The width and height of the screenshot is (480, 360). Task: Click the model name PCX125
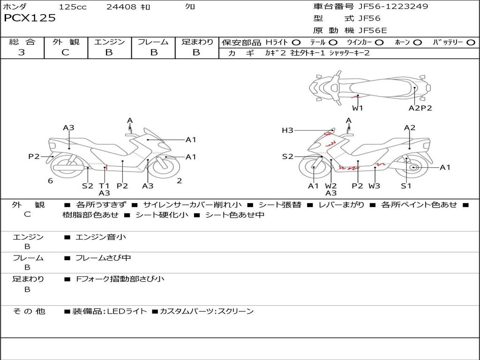pyautogui.click(x=30, y=18)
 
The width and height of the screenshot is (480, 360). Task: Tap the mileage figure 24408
pyautogui.click(x=122, y=7)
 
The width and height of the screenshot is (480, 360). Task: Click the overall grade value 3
pyautogui.click(x=22, y=52)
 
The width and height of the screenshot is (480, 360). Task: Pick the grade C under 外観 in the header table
pyautogui.click(x=65, y=52)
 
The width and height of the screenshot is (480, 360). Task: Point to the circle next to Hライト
pyautogui.click(x=296, y=43)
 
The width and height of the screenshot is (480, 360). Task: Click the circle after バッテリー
pyautogui.click(x=470, y=43)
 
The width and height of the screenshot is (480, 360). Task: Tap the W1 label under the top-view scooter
pyautogui.click(x=358, y=108)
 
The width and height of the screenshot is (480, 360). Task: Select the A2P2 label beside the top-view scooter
pyautogui.click(x=420, y=108)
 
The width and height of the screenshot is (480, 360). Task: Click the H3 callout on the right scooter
pyautogui.click(x=287, y=130)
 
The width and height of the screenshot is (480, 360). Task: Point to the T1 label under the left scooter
pyautogui.click(x=104, y=186)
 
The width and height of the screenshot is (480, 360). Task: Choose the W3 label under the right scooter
pyautogui.click(x=374, y=186)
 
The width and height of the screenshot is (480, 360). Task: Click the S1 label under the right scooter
pyautogui.click(x=406, y=186)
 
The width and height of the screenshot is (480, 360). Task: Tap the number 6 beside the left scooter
pyautogui.click(x=50, y=181)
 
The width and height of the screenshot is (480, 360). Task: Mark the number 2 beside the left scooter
pyautogui.click(x=180, y=181)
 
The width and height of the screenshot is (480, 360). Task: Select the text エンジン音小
pyautogui.click(x=101, y=237)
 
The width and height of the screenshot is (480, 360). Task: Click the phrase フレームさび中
pyautogui.click(x=103, y=258)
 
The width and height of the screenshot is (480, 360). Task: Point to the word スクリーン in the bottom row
pyautogui.click(x=236, y=311)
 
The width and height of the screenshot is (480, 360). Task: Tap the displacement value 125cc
pyautogui.click(x=73, y=7)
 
